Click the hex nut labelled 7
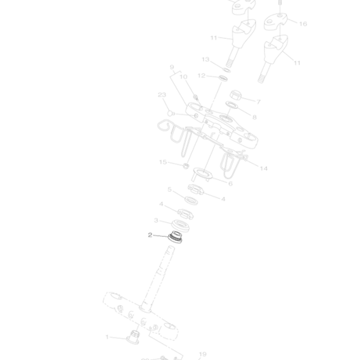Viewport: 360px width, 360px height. coord(237,95)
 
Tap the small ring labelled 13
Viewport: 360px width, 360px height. coord(227,69)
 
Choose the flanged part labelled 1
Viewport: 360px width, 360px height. coord(133,336)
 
